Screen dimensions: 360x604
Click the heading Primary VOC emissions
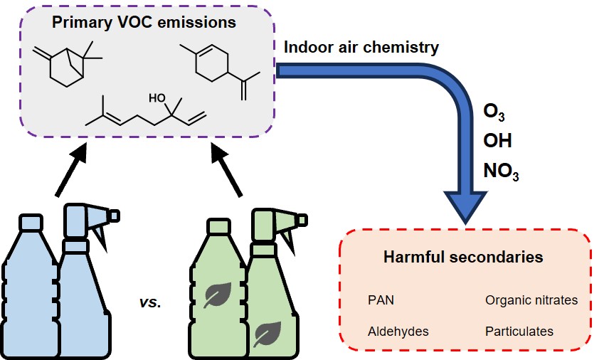point(144,23)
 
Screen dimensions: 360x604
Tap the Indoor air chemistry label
point(361,48)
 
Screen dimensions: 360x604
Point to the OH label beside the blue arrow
point(497,140)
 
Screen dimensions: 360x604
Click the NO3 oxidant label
point(501,171)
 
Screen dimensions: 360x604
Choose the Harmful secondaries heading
point(463,257)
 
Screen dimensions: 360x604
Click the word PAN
point(381,300)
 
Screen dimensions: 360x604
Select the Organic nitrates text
point(531,300)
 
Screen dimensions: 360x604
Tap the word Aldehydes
point(398,331)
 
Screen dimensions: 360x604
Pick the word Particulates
point(519,331)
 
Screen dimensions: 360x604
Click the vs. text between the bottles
point(151,302)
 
